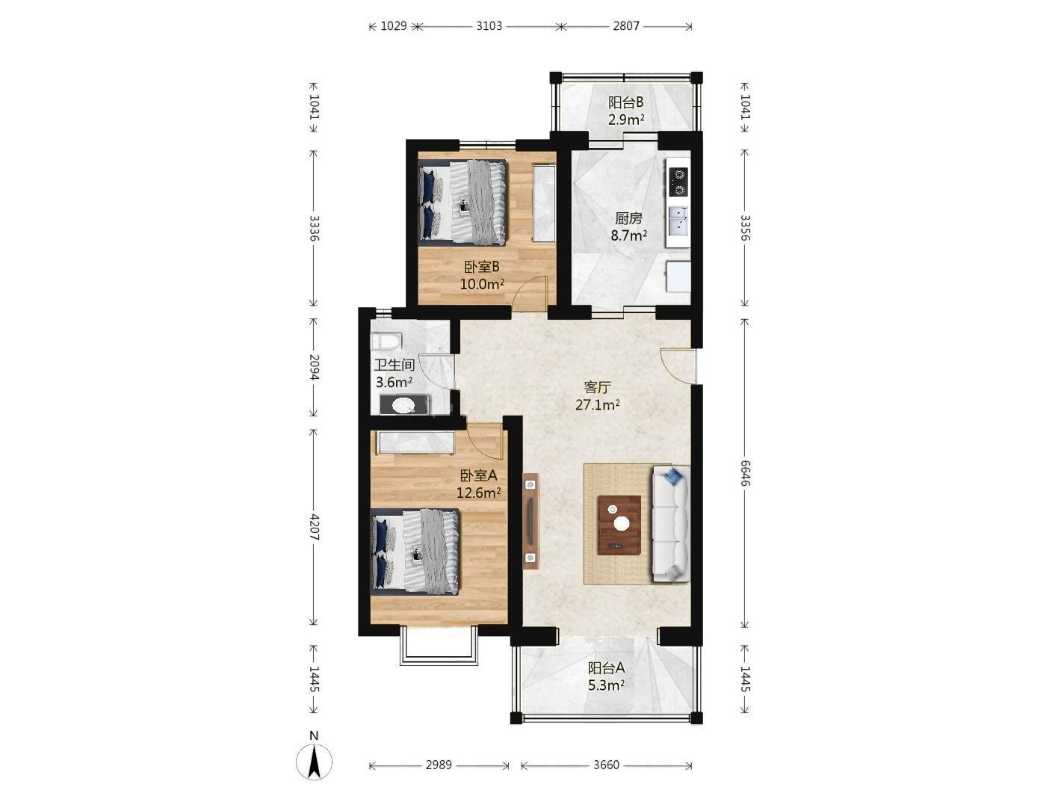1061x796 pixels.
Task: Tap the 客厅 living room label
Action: pyautogui.click(x=598, y=386)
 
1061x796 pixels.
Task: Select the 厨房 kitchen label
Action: pyautogui.click(x=628, y=219)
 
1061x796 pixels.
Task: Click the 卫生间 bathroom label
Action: pyautogui.click(x=395, y=365)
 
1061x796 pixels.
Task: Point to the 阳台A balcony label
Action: pyautogui.click(x=606, y=668)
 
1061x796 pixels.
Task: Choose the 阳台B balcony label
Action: pyautogui.click(x=625, y=102)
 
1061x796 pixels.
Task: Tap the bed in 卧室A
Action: pyautogui.click(x=415, y=552)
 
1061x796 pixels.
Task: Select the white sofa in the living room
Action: pyautogui.click(x=671, y=523)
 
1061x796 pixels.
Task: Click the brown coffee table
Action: pyautogui.click(x=619, y=525)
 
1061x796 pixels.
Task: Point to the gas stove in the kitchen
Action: pyautogui.click(x=678, y=182)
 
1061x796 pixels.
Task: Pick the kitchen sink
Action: pyautogui.click(x=678, y=219)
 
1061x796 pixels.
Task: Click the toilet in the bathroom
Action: pyautogui.click(x=386, y=342)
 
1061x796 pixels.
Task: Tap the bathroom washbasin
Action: pyautogui.click(x=404, y=405)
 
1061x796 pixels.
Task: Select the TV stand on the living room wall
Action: pyautogui.click(x=530, y=521)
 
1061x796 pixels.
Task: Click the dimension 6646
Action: pyautogui.click(x=745, y=474)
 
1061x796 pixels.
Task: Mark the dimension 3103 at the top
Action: pyautogui.click(x=489, y=25)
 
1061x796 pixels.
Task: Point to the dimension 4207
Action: pyautogui.click(x=314, y=527)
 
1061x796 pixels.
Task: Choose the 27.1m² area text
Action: pyautogui.click(x=598, y=404)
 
